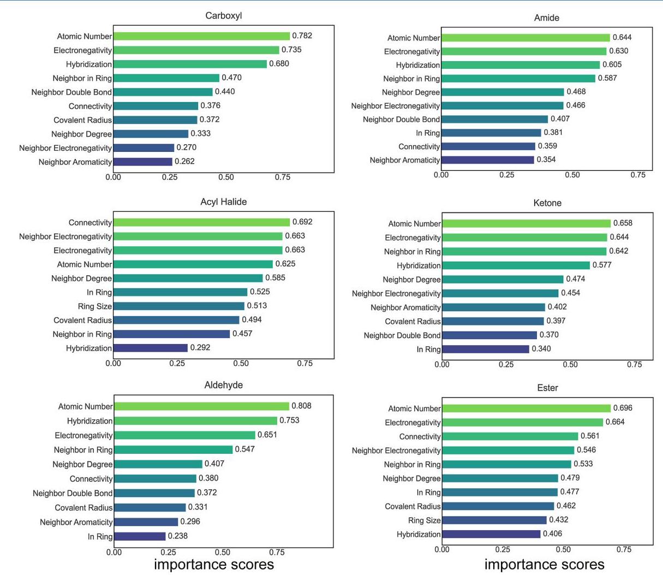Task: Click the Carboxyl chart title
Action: (x=224, y=16)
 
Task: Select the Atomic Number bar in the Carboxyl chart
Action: (x=201, y=36)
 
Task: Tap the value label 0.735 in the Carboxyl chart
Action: (x=291, y=50)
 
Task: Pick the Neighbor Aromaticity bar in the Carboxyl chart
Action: (x=143, y=162)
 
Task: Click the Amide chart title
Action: (x=547, y=18)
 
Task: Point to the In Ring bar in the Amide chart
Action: (x=491, y=133)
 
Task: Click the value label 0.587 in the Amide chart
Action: (x=607, y=78)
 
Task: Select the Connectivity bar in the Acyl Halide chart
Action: (x=201, y=222)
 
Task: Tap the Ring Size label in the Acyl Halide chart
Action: (x=94, y=306)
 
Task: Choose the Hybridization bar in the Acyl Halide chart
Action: (x=151, y=348)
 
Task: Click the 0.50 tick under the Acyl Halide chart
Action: (x=241, y=364)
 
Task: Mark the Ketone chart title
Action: (x=547, y=203)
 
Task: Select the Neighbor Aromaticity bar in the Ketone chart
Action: (x=493, y=307)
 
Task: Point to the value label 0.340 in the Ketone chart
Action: (x=541, y=349)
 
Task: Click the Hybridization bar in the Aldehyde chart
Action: (x=195, y=421)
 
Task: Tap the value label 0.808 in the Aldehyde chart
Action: (x=301, y=406)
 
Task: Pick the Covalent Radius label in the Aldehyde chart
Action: (x=83, y=508)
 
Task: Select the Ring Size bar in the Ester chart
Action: (x=494, y=520)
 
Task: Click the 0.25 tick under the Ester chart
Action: (x=503, y=549)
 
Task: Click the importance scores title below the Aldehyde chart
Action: (x=214, y=564)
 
